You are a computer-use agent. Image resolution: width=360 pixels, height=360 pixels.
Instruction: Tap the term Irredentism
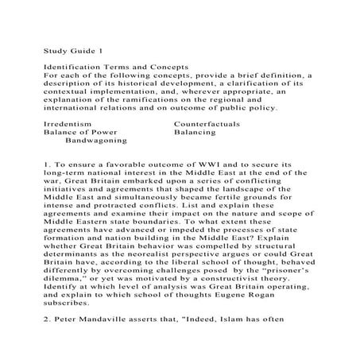click(67, 125)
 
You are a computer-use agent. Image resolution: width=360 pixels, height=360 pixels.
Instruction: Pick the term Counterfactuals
click(210, 125)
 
